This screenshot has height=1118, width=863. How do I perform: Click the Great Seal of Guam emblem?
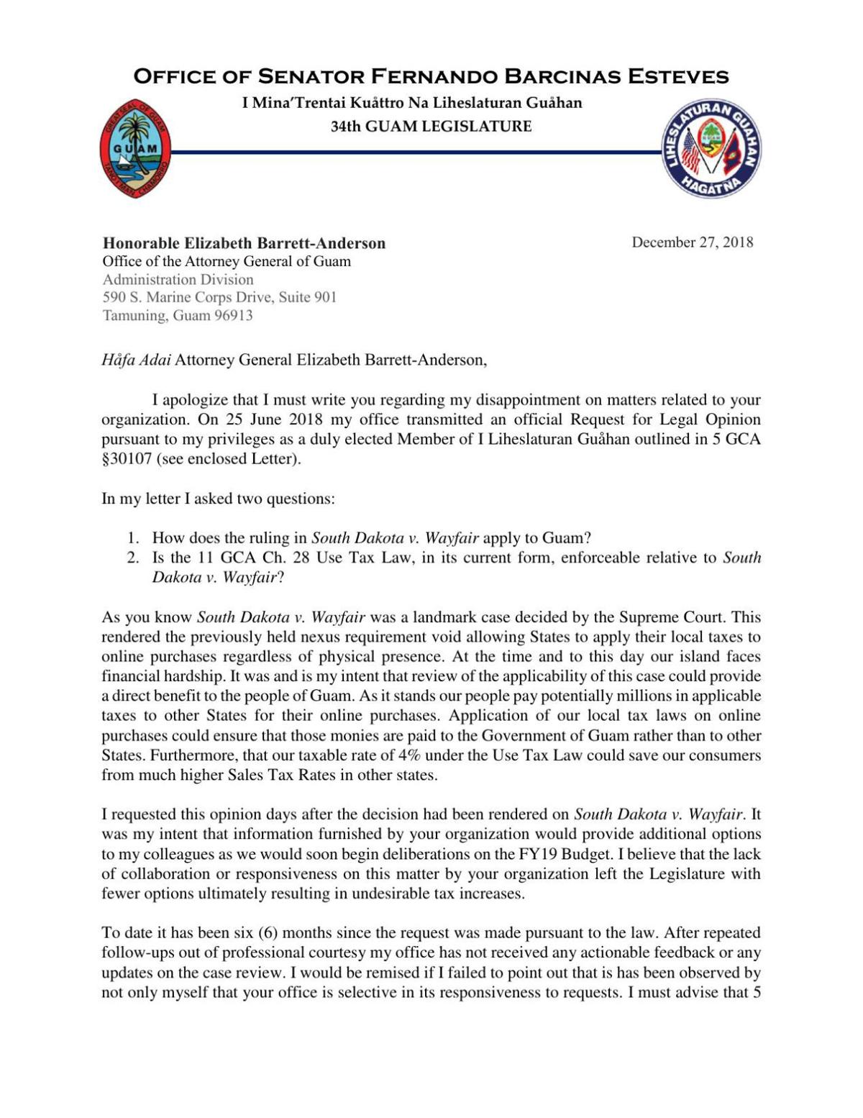[x=135, y=148]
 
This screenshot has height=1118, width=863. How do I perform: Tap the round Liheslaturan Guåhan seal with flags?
[x=711, y=148]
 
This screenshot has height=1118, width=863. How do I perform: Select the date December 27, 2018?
[x=692, y=242]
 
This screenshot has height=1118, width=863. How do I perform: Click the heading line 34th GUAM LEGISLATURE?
[x=431, y=127]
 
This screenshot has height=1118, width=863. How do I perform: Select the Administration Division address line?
[x=178, y=279]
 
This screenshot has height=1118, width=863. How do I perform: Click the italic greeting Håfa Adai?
[x=136, y=360]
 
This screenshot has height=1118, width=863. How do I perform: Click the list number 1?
[x=132, y=537]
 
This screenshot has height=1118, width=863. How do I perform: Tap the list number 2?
[x=132, y=558]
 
